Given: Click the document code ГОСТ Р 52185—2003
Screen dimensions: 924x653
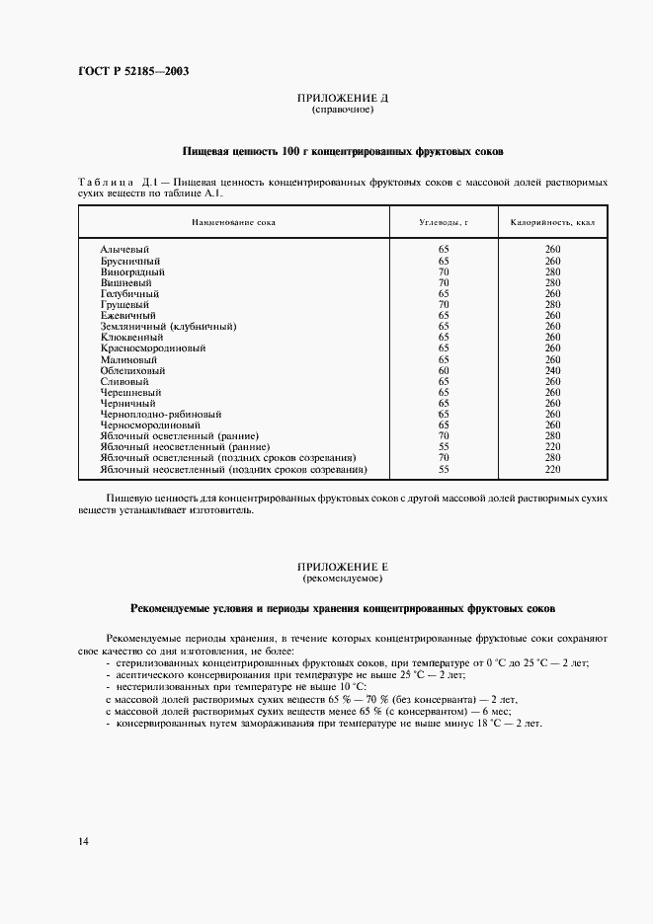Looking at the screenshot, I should click(132, 71).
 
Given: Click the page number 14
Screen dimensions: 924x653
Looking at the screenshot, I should click(82, 841).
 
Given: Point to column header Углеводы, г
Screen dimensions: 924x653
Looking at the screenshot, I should click(444, 222).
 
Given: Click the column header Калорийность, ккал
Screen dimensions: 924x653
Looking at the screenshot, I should click(552, 222).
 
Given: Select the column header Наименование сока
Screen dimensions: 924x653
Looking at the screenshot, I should click(234, 222).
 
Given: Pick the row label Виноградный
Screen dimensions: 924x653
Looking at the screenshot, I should click(132, 271).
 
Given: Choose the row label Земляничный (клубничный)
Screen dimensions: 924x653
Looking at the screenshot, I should click(169, 326).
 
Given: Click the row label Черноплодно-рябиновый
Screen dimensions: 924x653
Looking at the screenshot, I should click(160, 414).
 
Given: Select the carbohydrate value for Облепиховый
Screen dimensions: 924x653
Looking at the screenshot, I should click(444, 369).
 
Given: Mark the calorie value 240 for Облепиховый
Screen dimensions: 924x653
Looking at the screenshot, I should click(552, 369).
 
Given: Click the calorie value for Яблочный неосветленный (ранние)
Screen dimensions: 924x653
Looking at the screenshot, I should click(552, 446).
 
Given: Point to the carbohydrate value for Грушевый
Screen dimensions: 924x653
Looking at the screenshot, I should click(444, 304).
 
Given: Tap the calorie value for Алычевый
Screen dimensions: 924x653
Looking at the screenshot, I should click(552, 250).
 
